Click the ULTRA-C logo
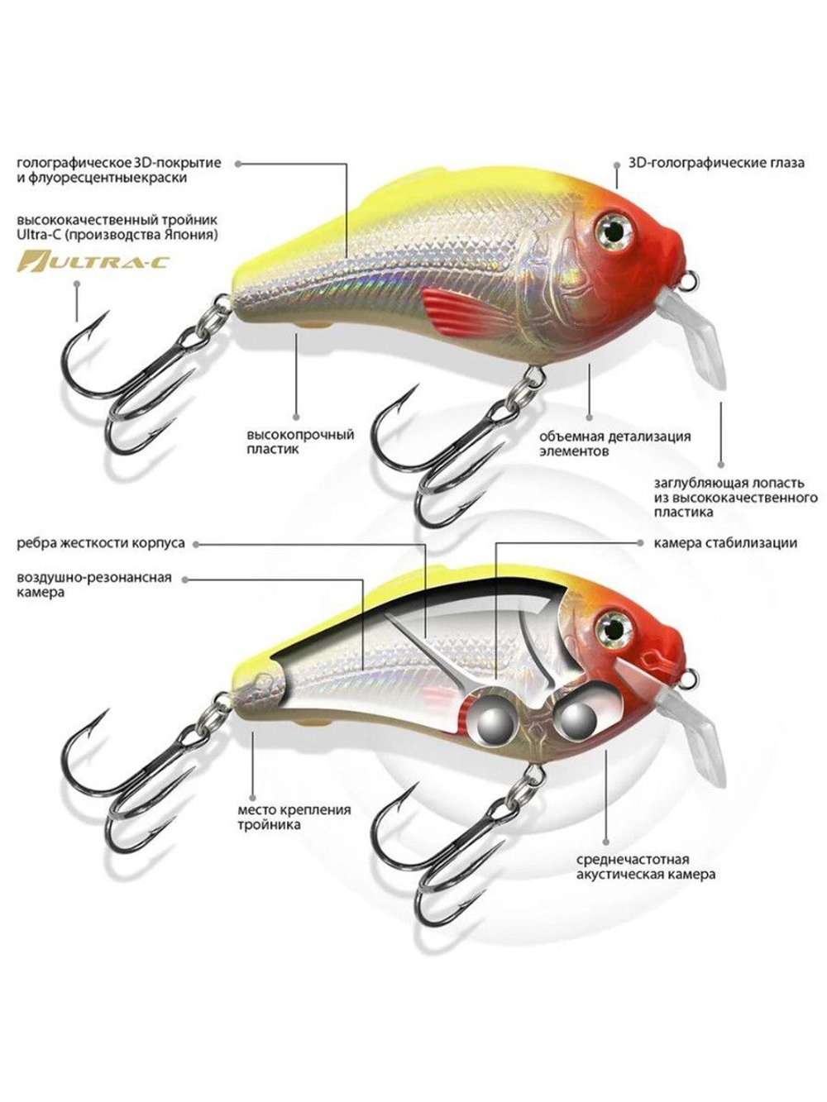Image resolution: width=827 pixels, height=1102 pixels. tap(92, 261)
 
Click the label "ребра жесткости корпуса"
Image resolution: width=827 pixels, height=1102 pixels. tap(101, 543)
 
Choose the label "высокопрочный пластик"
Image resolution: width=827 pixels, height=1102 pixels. tap(300, 441)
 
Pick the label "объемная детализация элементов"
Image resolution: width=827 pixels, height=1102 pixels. tap(615, 443)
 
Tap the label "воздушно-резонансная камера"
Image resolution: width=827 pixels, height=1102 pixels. tap(94, 584)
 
